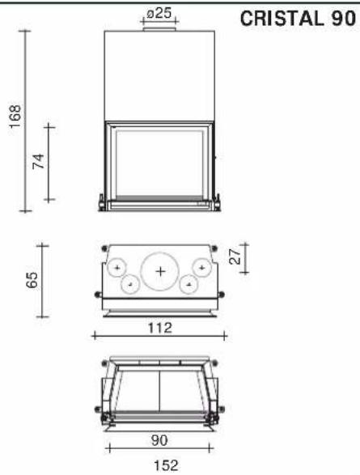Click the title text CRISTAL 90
click(298, 19)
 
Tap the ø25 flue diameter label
click(159, 13)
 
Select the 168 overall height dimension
click(15, 117)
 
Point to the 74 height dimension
click(39, 161)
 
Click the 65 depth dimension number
click(32, 280)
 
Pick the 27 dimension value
click(235, 257)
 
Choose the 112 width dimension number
click(160, 328)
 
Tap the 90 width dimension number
click(159, 440)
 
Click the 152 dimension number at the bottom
click(166, 465)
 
